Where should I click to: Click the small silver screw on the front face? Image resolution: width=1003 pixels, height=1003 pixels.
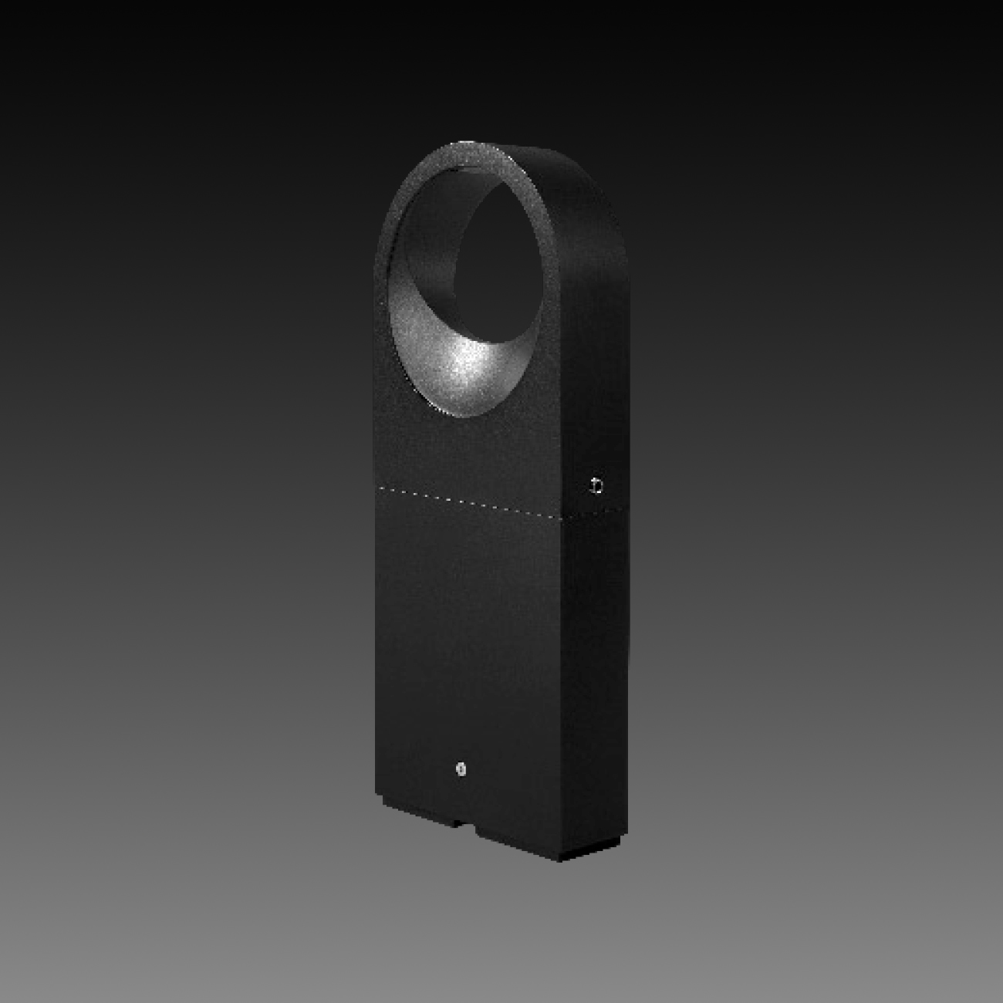point(461,768)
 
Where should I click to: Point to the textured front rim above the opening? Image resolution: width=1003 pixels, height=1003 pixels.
point(463,154)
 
